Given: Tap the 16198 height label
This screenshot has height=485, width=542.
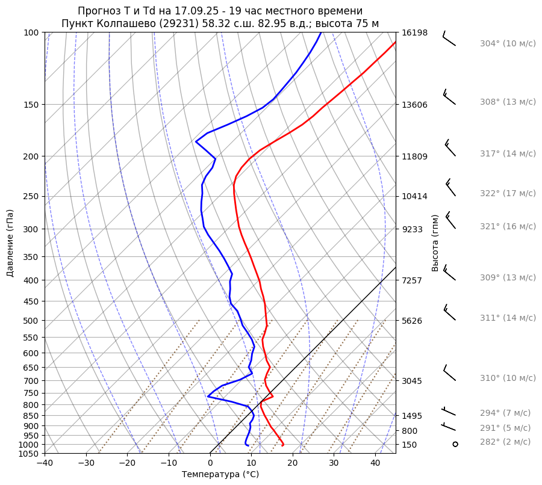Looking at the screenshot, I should (x=414, y=32).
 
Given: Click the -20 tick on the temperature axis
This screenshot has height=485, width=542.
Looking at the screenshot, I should (x=127, y=463).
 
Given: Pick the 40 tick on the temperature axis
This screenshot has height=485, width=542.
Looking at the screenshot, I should (x=375, y=463).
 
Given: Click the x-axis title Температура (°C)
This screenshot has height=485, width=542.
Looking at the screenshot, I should (x=220, y=475).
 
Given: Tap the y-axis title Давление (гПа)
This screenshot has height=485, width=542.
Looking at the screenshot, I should (x=10, y=243).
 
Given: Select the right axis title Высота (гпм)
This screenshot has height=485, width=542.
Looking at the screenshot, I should (x=435, y=242).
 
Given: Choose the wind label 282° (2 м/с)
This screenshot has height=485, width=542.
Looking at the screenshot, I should (x=505, y=442).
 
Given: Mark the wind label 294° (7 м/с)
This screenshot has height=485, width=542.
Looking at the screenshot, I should (x=505, y=413).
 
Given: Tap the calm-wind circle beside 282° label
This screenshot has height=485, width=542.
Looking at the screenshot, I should (x=455, y=444).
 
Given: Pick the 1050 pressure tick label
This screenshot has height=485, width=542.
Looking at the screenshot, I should (x=30, y=454).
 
